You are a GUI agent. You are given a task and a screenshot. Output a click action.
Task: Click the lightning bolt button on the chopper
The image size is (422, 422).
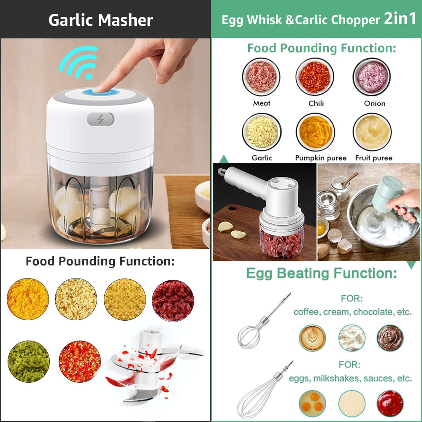100,119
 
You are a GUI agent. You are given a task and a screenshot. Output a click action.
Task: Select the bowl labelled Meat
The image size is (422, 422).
262,77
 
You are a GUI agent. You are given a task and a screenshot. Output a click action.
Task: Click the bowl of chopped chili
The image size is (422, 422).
315,77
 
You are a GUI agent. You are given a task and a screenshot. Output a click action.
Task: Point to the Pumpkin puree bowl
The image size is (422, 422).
315,132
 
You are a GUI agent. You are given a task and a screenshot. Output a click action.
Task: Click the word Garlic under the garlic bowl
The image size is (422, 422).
262,158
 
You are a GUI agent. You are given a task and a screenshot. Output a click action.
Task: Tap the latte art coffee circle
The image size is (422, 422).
313,338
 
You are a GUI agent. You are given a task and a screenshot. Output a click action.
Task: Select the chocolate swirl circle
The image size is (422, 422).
390,338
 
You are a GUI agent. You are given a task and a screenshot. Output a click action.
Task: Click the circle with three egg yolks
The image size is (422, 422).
313,403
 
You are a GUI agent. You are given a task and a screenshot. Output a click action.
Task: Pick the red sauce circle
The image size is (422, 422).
390,403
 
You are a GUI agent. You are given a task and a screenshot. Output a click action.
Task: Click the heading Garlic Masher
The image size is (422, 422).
100,20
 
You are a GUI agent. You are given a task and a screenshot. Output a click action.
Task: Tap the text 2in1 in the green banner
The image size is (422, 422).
400,19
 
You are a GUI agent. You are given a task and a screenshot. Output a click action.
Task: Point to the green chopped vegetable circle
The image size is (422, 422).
29,362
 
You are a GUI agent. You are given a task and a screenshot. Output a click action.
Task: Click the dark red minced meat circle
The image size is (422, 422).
173,300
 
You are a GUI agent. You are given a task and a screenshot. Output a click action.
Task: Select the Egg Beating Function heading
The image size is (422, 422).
322,273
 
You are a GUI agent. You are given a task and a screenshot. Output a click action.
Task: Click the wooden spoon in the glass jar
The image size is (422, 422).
349,179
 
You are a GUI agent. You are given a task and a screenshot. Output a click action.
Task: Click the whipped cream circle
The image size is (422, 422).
352,338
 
